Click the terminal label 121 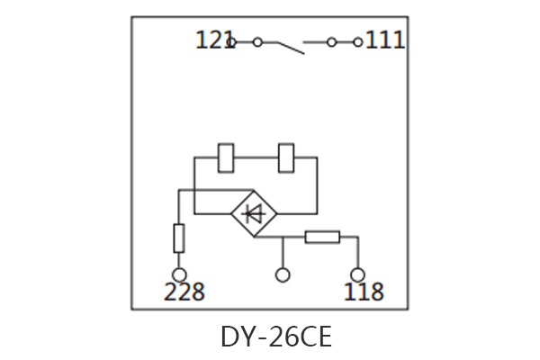click(213, 40)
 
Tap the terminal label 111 click(384, 40)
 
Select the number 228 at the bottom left click(184, 292)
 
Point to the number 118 click(363, 292)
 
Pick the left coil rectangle click(227, 157)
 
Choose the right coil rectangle click(288, 157)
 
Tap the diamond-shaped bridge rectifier click(255, 214)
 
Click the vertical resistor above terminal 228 click(179, 238)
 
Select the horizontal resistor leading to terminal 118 click(321, 238)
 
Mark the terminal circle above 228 click(179, 274)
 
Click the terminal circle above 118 click(357, 274)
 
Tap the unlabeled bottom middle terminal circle click(283, 274)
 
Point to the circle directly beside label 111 click(357, 41)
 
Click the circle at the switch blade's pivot click(257, 41)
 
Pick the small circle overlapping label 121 click(231, 41)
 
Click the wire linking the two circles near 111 click(344, 41)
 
